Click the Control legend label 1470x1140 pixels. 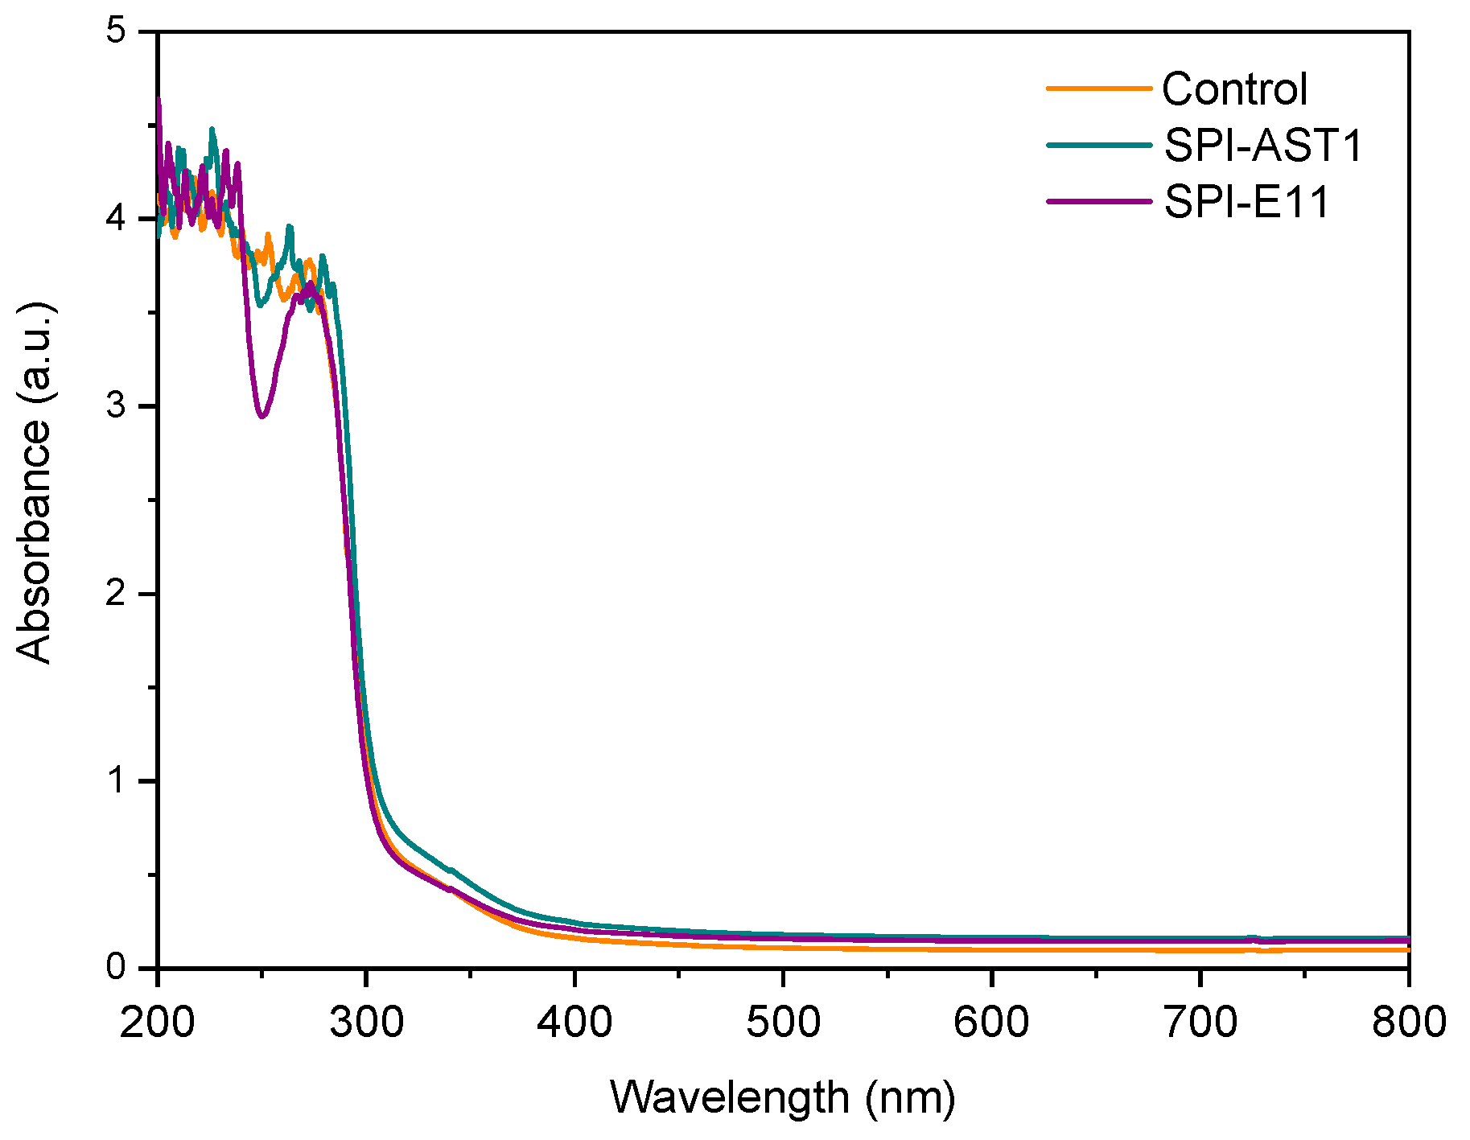tap(1234, 89)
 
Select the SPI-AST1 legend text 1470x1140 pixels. tap(1263, 146)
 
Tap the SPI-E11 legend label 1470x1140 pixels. tap(1246, 202)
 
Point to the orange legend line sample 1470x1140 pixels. tap(1099, 88)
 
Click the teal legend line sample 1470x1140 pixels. tap(1099, 145)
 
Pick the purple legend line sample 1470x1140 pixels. tap(1099, 201)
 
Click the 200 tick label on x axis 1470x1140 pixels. tap(158, 1023)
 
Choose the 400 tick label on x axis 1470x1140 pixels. tap(574, 1023)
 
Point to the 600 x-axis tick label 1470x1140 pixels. tap(991, 1023)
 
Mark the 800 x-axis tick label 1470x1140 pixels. tap(1408, 1023)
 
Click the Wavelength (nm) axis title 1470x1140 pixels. tap(783, 1097)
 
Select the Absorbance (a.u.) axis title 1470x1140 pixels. tap(34, 483)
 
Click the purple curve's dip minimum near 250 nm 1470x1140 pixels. tap(261, 416)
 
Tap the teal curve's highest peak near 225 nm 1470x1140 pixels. tap(212, 129)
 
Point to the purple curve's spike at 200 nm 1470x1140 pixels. tap(159, 100)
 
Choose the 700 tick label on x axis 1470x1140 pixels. tap(1200, 1023)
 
